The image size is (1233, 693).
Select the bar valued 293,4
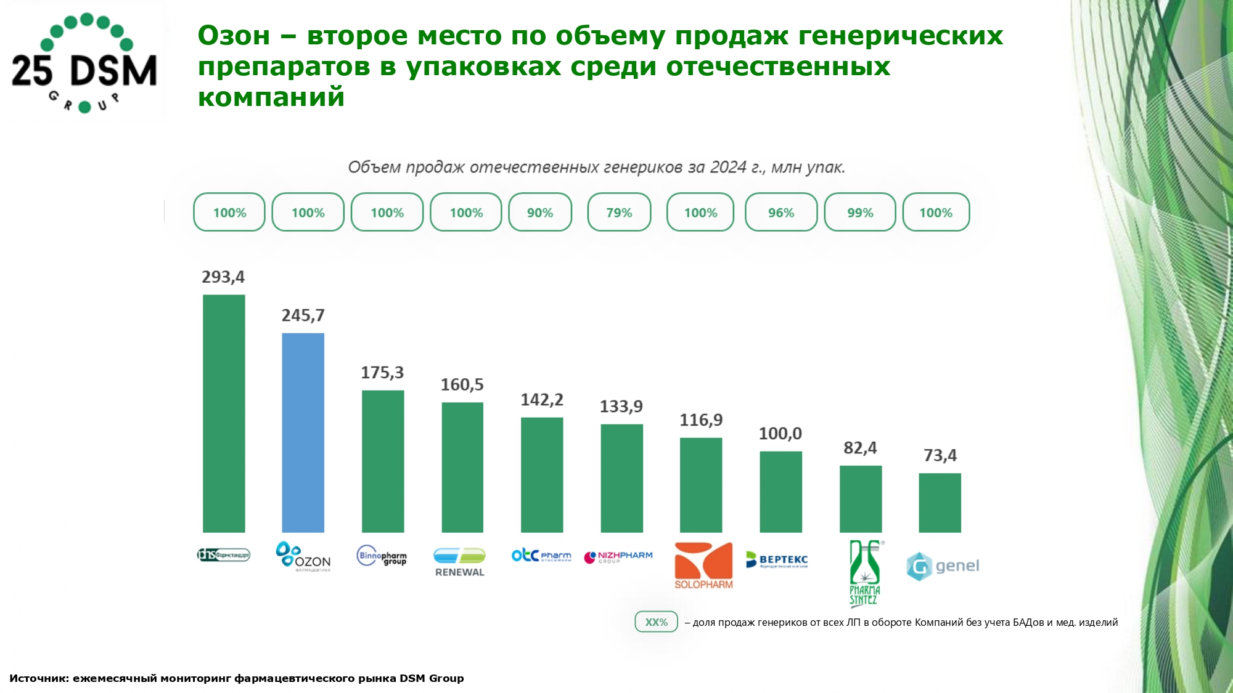224,413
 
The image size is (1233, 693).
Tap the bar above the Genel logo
940,503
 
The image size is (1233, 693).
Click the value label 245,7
303,315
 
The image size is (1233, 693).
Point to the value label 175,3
382,373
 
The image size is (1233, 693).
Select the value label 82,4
860,448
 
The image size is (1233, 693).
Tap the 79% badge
619,213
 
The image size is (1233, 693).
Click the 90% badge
540,213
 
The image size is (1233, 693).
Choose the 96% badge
780,213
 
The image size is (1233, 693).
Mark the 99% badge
860,213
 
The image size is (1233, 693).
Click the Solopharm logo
703,565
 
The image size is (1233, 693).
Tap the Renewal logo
460,562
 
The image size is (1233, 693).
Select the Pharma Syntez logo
865,573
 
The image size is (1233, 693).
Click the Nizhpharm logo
618,557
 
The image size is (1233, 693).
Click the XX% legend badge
656,622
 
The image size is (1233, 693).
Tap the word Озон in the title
234,36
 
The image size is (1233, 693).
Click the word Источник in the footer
38,678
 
